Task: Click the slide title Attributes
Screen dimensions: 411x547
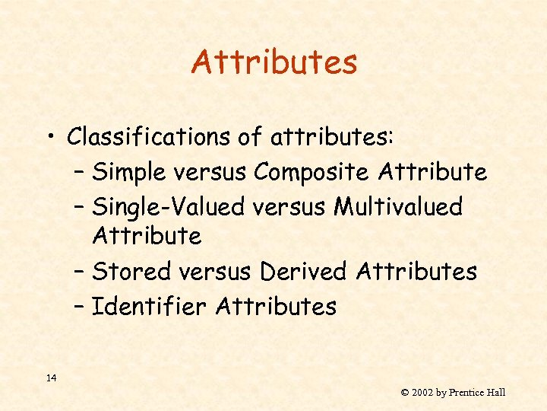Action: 273,62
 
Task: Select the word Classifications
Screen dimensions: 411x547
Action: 144,137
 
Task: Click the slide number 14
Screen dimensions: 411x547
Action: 50,378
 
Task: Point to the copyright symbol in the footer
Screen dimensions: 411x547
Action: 405,393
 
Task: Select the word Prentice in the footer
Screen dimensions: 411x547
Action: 466,393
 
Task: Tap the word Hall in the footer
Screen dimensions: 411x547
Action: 498,393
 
